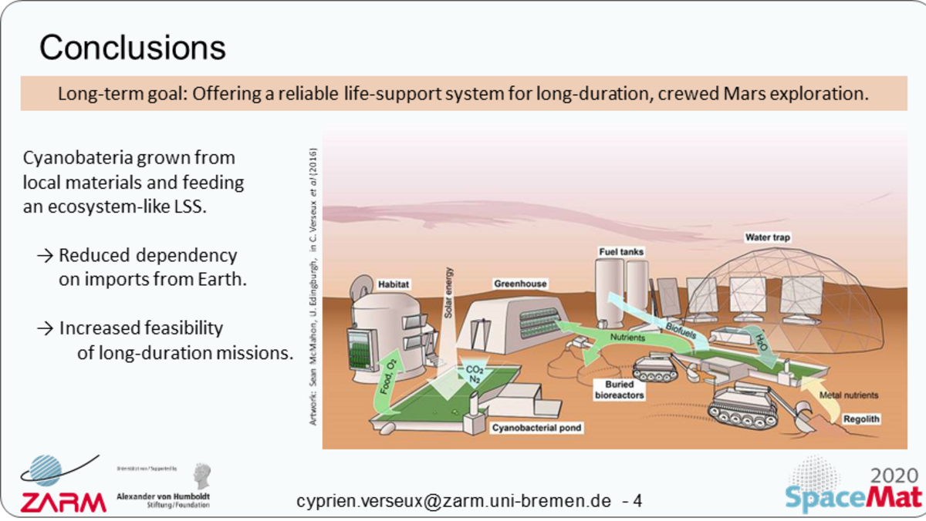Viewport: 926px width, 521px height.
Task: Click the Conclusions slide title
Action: tap(132, 48)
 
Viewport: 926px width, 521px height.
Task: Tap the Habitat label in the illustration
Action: tap(393, 284)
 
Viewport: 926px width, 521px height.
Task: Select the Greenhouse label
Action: tap(520, 284)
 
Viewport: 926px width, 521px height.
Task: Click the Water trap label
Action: tap(768, 237)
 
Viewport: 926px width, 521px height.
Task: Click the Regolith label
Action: tap(861, 419)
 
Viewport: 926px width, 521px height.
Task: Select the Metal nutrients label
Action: tap(849, 395)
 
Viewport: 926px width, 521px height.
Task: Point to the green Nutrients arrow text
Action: tap(627, 338)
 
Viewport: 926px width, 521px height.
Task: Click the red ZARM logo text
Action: tap(63, 503)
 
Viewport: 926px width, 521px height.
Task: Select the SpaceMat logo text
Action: tap(853, 497)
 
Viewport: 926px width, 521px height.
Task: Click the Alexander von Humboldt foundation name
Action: tap(162, 496)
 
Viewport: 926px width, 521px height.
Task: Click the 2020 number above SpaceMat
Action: tap(894, 475)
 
